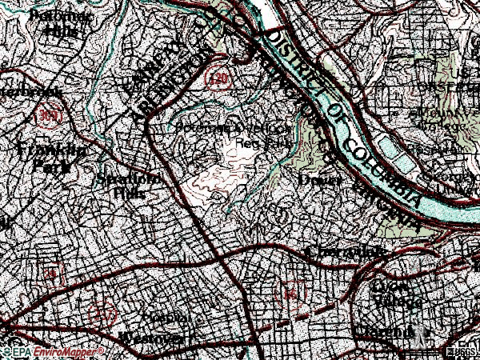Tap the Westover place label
pos(152,337)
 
